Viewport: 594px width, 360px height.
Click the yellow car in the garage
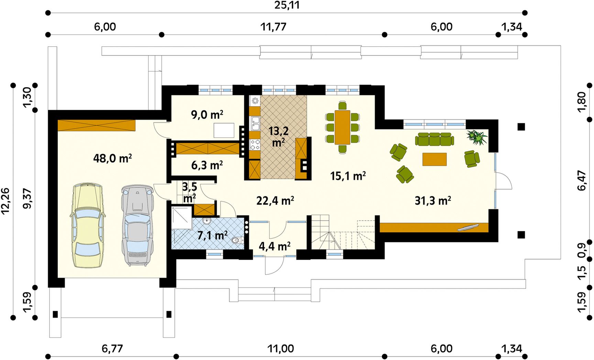88,225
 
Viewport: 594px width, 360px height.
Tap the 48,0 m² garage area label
112,158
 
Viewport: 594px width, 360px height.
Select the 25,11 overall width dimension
287,5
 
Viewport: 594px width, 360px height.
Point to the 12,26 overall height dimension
5,201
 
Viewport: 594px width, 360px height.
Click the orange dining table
342,127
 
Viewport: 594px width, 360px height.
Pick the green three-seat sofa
434,139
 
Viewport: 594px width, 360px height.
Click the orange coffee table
434,159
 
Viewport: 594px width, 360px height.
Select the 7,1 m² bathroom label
212,235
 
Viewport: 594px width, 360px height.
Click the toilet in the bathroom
237,240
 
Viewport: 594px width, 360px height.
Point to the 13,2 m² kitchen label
278,136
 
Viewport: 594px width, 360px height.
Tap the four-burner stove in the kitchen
255,145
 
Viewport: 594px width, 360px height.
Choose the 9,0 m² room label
207,115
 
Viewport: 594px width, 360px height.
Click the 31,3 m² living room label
433,200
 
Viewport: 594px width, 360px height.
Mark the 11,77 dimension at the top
273,27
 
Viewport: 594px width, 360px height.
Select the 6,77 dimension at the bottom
112,349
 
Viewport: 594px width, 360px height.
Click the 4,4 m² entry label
275,246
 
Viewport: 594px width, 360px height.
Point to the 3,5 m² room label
189,192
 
